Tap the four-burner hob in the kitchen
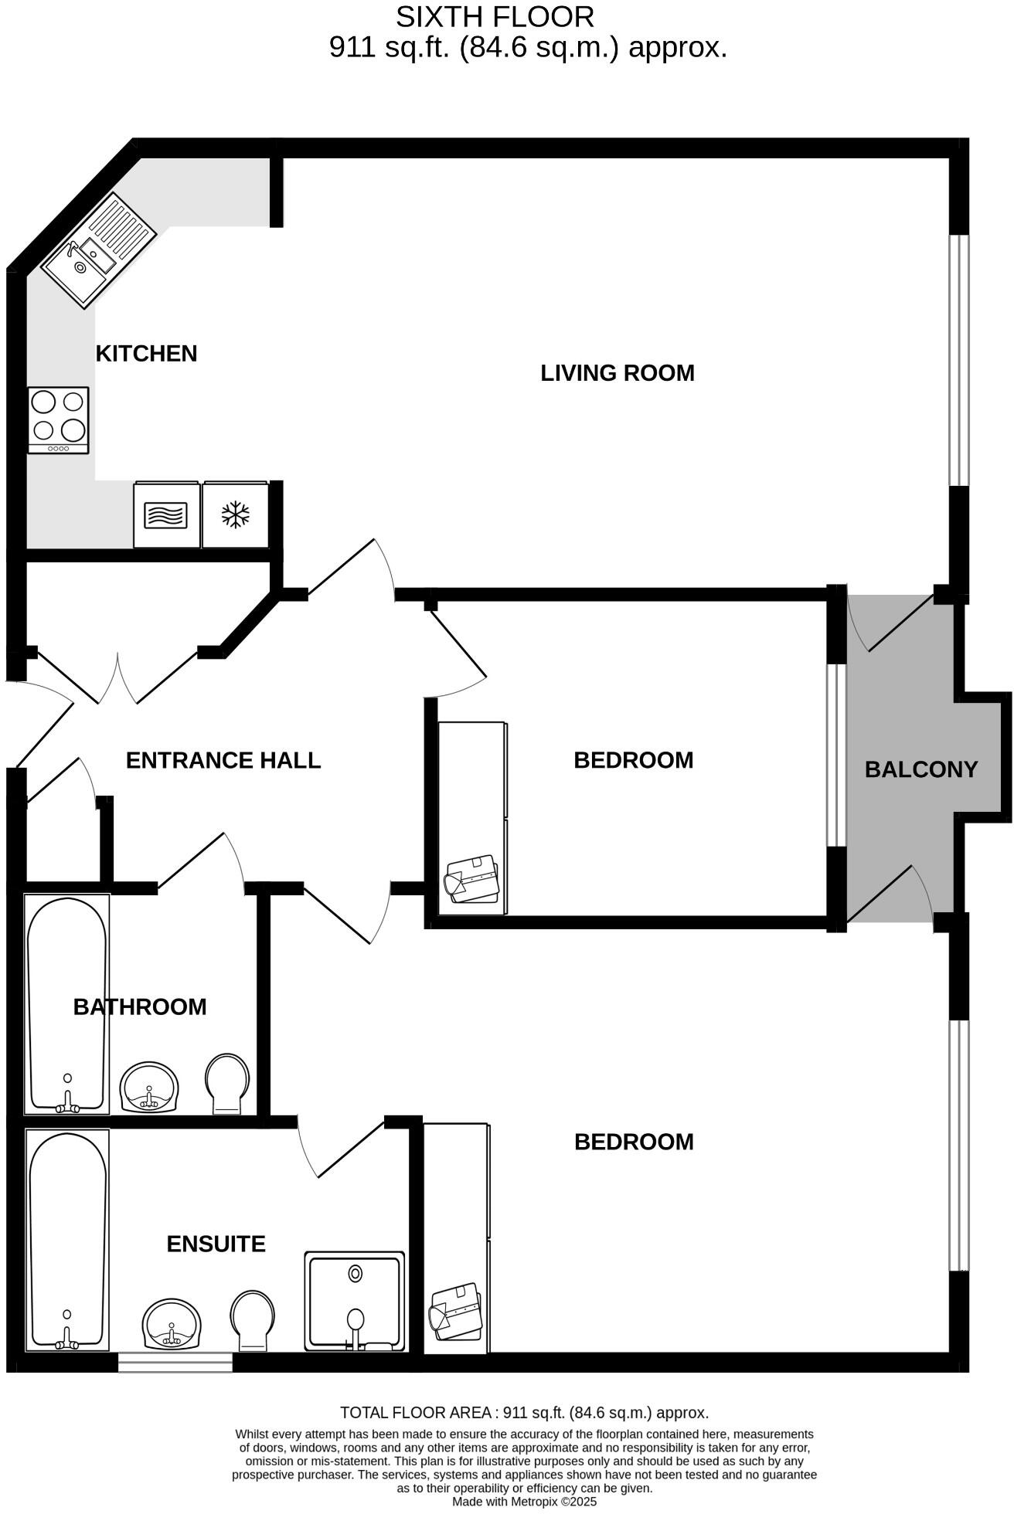coord(58,419)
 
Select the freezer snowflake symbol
coord(235,515)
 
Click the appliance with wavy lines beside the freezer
coord(166,515)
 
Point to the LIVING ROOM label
coord(617,373)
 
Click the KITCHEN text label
coord(146,354)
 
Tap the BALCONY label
coord(920,769)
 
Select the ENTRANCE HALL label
coord(223,760)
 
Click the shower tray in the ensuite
coord(355,1302)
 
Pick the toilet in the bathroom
coord(227,1083)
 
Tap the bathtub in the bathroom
coord(66,1004)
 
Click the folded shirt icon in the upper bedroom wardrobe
coord(472,878)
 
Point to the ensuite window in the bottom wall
coord(175,1362)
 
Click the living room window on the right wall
coord(958,360)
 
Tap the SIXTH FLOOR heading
coord(495,17)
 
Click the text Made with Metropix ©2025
coord(524,1502)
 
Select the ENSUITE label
coord(216,1244)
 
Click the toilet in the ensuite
coord(253,1319)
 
